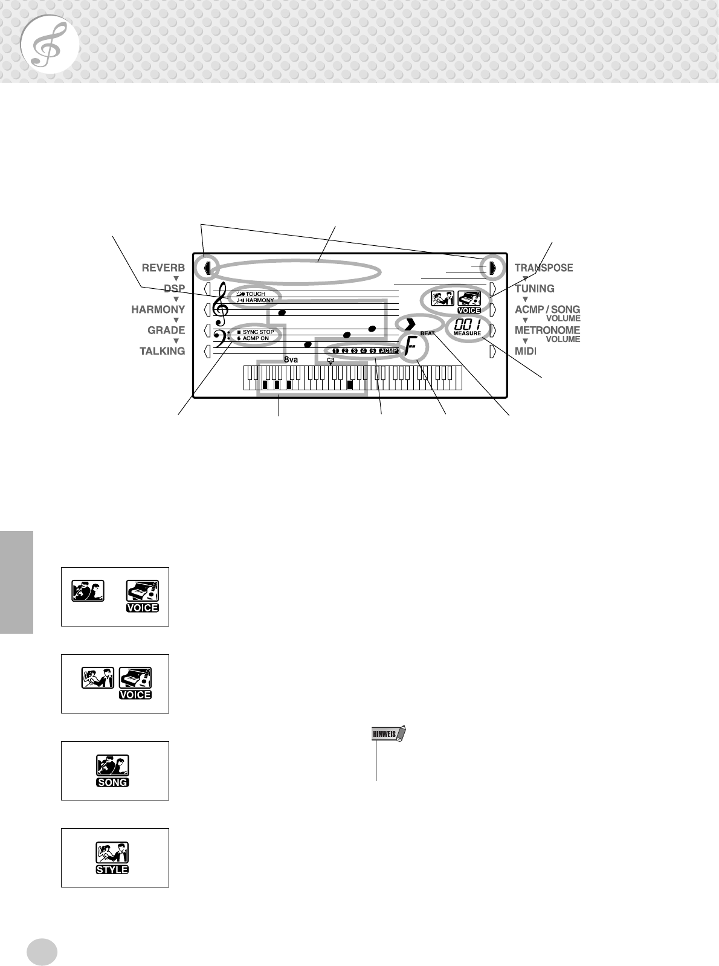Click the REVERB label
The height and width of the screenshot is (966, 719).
[x=163, y=268]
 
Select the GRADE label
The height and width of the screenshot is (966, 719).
[x=166, y=330]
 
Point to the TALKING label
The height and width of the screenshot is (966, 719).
[x=163, y=351]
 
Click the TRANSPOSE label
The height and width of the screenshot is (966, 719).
[x=544, y=268]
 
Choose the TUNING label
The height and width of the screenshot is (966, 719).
[x=535, y=289]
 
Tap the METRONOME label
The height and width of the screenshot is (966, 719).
[x=547, y=330]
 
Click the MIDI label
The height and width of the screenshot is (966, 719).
[x=526, y=351]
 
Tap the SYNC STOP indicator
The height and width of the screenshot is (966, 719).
[x=258, y=332]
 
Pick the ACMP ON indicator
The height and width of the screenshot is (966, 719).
[x=256, y=339]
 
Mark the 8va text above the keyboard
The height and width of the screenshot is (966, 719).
[x=291, y=359]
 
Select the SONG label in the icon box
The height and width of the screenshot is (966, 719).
[x=113, y=782]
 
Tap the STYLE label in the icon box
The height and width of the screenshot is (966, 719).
[x=113, y=869]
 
